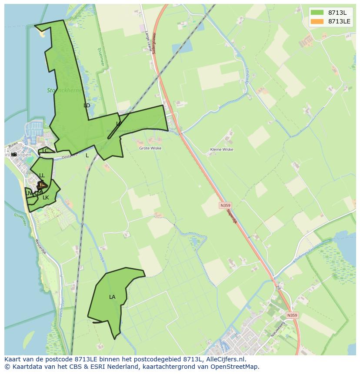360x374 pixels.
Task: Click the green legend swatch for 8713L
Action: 317,13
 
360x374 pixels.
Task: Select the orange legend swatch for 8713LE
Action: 317,21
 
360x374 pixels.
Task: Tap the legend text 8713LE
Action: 339,21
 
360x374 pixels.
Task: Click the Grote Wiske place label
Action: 150,148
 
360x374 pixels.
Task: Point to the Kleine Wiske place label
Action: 221,149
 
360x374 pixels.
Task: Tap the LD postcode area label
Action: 87,106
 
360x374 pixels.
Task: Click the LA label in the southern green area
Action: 112,297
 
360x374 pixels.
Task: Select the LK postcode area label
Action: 46,198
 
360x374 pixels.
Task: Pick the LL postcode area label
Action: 42,175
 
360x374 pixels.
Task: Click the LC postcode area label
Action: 45,151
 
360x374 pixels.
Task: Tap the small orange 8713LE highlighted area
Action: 41,185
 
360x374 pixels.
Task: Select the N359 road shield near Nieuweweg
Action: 293,315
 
